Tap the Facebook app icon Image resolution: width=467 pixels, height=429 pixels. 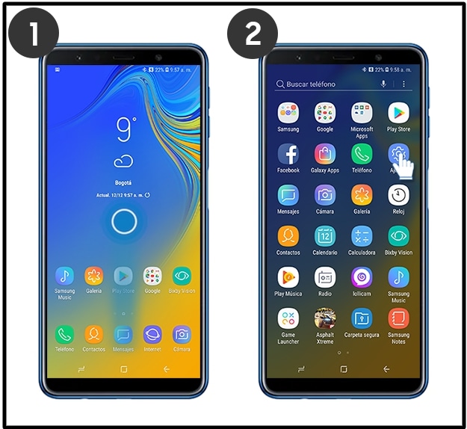[288, 154]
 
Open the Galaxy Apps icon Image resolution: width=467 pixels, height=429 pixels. [325, 154]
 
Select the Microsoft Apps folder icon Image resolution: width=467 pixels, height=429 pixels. [362, 113]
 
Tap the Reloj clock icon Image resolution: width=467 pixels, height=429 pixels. [398, 195]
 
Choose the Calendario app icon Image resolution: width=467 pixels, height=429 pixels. [325, 236]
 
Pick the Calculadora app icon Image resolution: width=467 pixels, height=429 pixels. [362, 236]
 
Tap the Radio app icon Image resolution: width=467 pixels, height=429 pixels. [325, 277]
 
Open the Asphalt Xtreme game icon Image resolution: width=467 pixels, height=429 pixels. [325, 318]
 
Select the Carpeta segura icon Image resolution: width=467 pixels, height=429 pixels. [362, 318]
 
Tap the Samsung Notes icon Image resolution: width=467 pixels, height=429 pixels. [398, 318]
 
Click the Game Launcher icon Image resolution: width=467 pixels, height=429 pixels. [288, 318]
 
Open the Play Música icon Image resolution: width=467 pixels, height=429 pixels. [288, 277]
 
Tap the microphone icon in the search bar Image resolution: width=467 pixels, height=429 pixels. [383, 84]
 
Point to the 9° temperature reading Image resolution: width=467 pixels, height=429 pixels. [126, 130]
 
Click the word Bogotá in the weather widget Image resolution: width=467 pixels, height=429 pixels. [123, 182]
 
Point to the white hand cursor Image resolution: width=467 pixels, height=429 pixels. [404, 164]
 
